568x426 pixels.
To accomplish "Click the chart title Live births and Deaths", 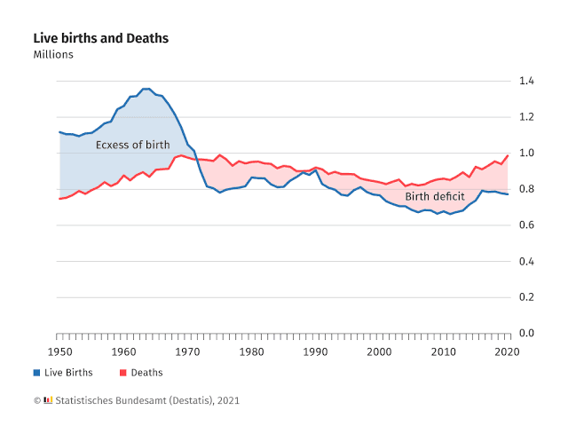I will pos(100,38).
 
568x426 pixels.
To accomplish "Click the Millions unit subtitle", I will pos(53,55).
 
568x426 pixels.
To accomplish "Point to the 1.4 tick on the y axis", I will pos(526,81).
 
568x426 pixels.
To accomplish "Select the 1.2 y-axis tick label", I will pos(526,117).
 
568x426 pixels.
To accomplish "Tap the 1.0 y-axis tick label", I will pos(526,154).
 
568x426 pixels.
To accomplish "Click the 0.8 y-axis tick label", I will pos(526,189).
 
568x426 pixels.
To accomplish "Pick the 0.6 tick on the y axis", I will pos(526,225).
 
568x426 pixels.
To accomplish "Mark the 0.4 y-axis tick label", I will pos(526,262).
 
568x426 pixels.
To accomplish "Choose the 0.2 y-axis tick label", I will pos(526,297).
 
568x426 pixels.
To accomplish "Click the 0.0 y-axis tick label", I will pos(526,334).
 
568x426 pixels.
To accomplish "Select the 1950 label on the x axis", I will pos(58,352).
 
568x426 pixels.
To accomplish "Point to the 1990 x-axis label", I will pos(315,352).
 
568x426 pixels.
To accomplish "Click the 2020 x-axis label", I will pos(508,352).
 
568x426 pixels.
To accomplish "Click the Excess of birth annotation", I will pos(132,145).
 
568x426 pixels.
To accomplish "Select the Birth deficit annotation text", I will pos(435,196).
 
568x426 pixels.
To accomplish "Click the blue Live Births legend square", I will pos(37,373).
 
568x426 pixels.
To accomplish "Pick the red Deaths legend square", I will pos(123,373).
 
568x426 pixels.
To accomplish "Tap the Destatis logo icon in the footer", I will pos(48,400).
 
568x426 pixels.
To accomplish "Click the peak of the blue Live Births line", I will pos(146,89).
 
